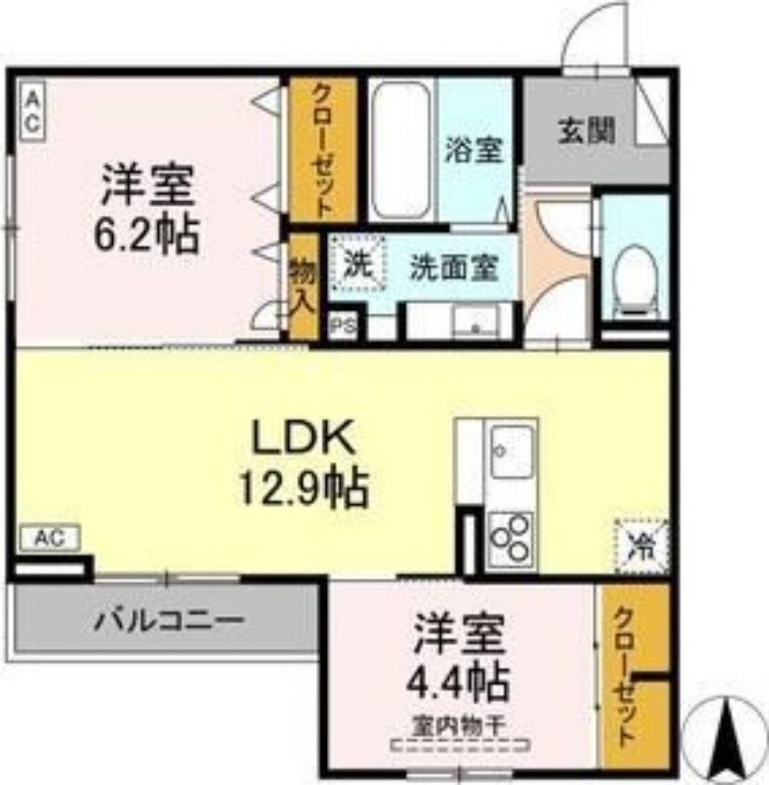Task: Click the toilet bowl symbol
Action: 634,279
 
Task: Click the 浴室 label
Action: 474,150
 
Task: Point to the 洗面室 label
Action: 453,267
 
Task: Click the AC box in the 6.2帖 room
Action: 31,110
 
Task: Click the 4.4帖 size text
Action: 460,680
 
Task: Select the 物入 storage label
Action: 302,286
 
